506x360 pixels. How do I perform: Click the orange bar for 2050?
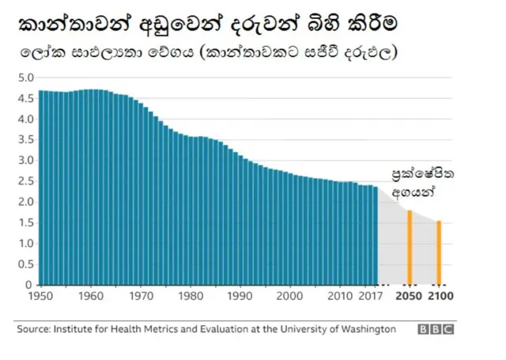click(409, 247)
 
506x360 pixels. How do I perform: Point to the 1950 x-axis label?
click(40, 297)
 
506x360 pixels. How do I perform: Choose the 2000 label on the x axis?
click(290, 297)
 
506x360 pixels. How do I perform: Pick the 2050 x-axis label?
click(409, 297)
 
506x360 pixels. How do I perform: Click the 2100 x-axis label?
click(440, 297)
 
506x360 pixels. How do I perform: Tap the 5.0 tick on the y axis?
click(26, 78)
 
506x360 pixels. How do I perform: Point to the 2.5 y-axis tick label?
click(26, 181)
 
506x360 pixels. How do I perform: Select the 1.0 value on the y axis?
click(26, 244)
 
